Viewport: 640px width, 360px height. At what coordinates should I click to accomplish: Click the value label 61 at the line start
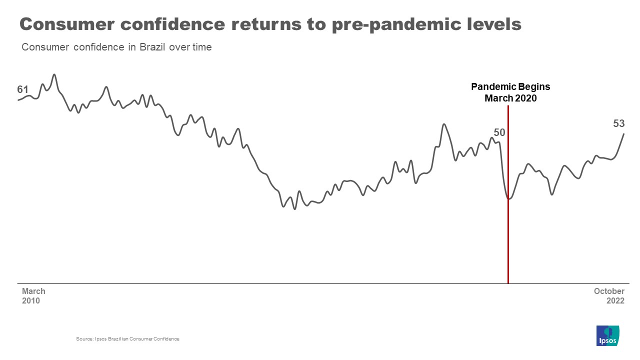23,90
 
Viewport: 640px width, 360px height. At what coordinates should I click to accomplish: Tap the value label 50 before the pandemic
499,132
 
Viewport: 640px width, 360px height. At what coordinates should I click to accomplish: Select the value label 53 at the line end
619,123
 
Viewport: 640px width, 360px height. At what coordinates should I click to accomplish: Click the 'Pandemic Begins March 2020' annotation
510,92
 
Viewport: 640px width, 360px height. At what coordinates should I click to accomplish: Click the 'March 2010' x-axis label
33,296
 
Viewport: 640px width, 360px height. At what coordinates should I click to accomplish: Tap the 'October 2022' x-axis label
609,296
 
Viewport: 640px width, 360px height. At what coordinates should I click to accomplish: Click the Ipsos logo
608,335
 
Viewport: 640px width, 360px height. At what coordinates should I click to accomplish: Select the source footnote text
127,339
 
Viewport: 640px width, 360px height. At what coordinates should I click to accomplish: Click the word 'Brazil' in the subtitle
151,47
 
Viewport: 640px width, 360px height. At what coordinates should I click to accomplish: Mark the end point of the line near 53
623,134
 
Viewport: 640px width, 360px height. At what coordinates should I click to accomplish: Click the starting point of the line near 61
18,100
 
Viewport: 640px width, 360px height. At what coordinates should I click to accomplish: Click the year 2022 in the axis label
615,301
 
